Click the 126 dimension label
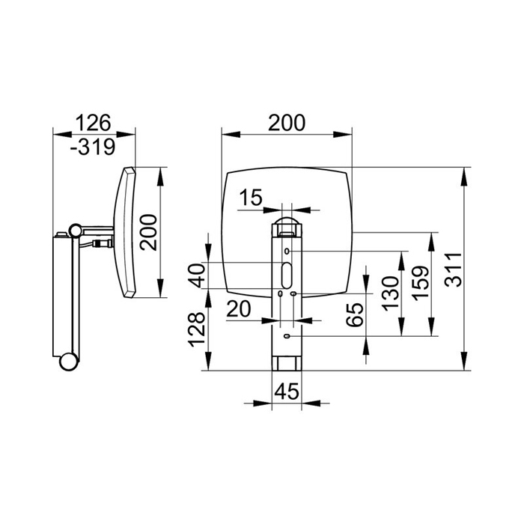click(94, 123)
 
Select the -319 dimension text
click(93, 147)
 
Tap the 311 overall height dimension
click(454, 269)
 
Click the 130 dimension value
click(390, 293)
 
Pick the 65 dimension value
click(355, 314)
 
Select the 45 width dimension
click(287, 391)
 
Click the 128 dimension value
click(196, 329)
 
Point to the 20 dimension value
click(239, 308)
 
